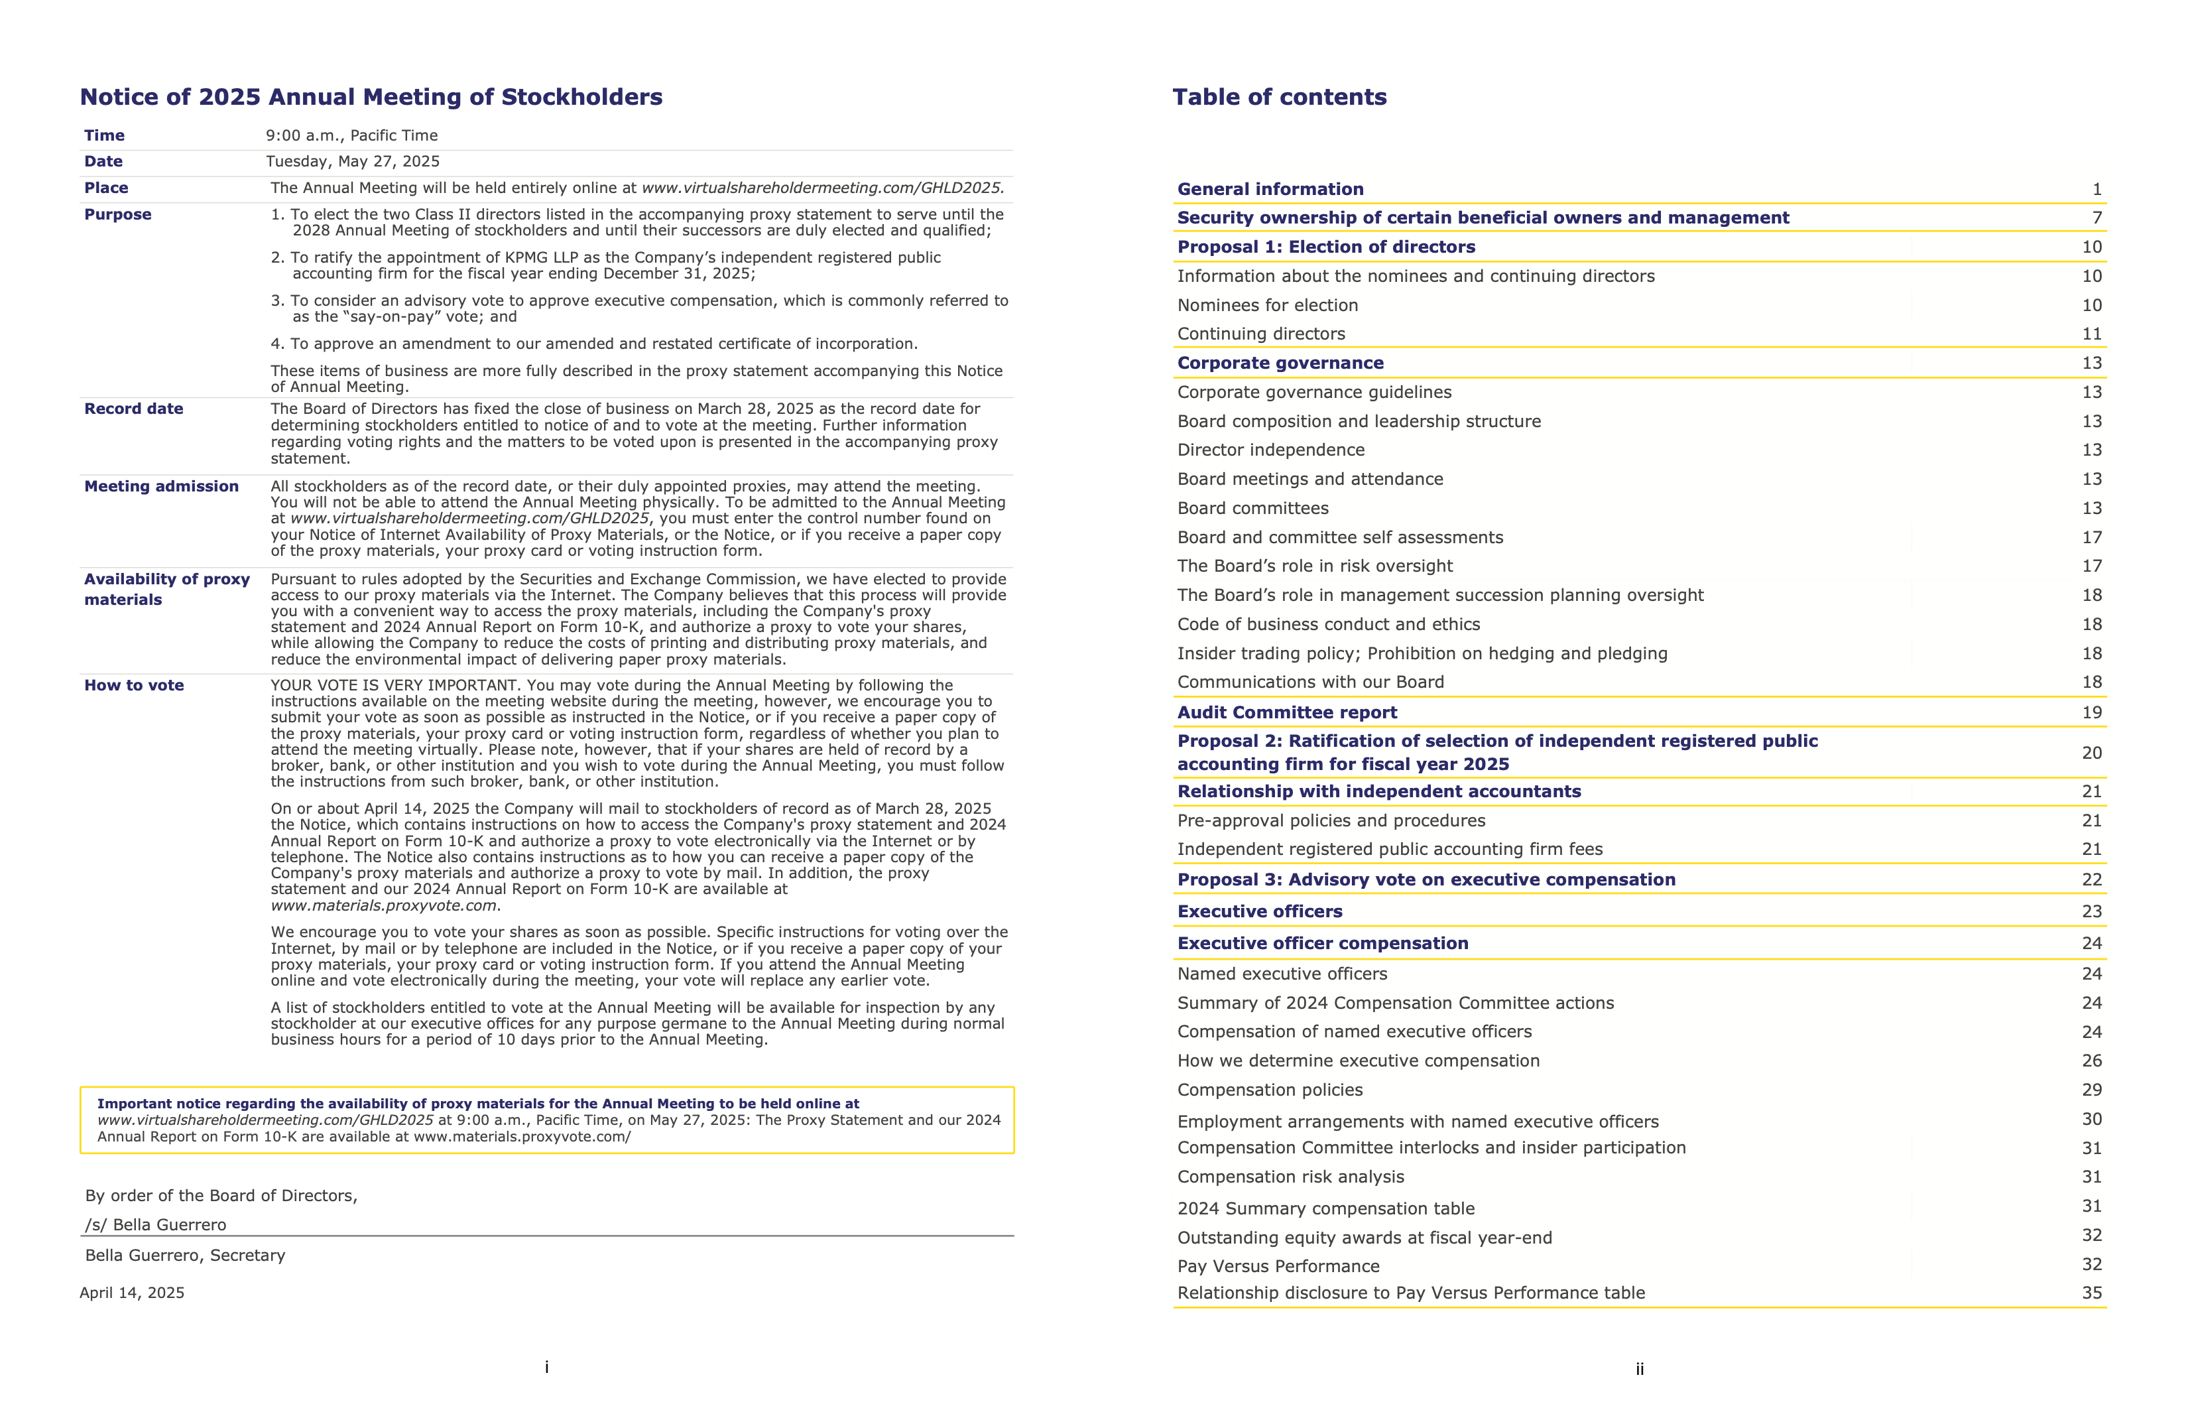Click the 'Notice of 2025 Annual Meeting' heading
pos(371,97)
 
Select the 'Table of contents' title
pos(1279,97)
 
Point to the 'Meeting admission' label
pos(161,486)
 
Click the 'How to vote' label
pos(133,685)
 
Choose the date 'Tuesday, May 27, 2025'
pos(352,161)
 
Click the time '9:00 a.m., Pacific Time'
pos(351,135)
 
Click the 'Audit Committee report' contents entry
pos(1286,712)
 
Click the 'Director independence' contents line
pos(1270,450)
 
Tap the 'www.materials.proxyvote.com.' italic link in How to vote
pos(385,905)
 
